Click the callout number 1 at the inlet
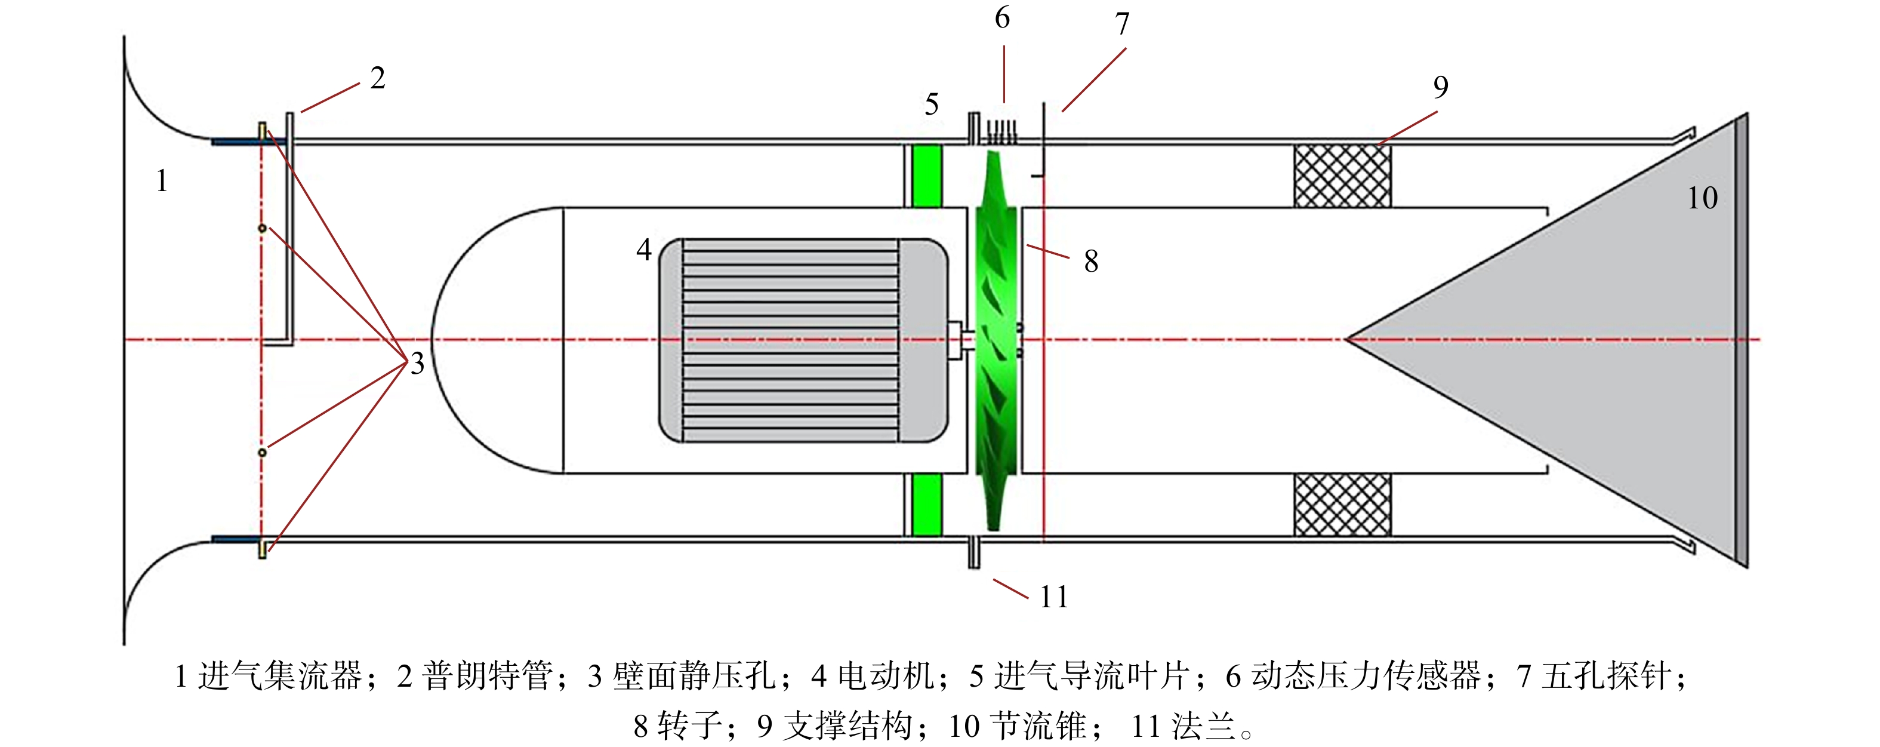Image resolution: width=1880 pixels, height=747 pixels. click(x=162, y=180)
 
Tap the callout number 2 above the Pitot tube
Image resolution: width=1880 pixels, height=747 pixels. click(x=377, y=78)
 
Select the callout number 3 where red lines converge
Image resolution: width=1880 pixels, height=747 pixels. click(x=417, y=364)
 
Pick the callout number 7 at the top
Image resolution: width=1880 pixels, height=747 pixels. click(x=1123, y=24)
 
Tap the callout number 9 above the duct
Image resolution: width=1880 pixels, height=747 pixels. click(x=1441, y=87)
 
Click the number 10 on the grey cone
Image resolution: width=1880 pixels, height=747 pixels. click(x=1702, y=198)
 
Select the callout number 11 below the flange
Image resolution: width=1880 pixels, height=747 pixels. click(x=1054, y=597)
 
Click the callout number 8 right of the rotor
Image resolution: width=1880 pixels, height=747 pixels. click(x=1091, y=262)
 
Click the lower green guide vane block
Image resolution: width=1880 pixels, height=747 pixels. click(x=927, y=505)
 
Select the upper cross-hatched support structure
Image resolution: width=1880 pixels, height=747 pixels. click(x=1342, y=176)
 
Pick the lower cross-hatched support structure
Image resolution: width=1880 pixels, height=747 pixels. click(x=1342, y=505)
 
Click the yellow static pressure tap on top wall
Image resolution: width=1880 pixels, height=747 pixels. click(x=263, y=133)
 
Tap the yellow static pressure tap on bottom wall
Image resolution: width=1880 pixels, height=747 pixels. click(x=263, y=547)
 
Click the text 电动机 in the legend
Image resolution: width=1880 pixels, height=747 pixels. click(x=886, y=675)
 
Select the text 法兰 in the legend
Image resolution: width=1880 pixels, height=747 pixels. click(x=1204, y=726)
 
